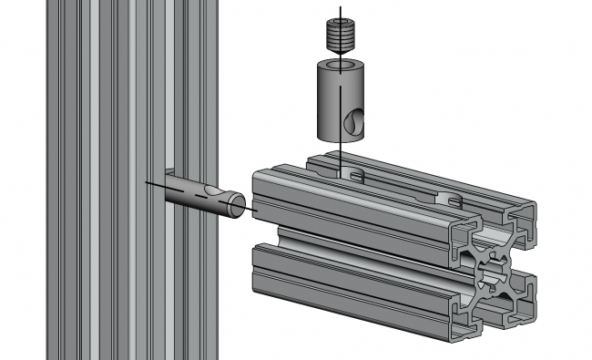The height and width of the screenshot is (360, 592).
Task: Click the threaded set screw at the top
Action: pos(340,38)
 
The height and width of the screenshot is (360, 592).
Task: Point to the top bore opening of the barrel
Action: pos(340,67)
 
